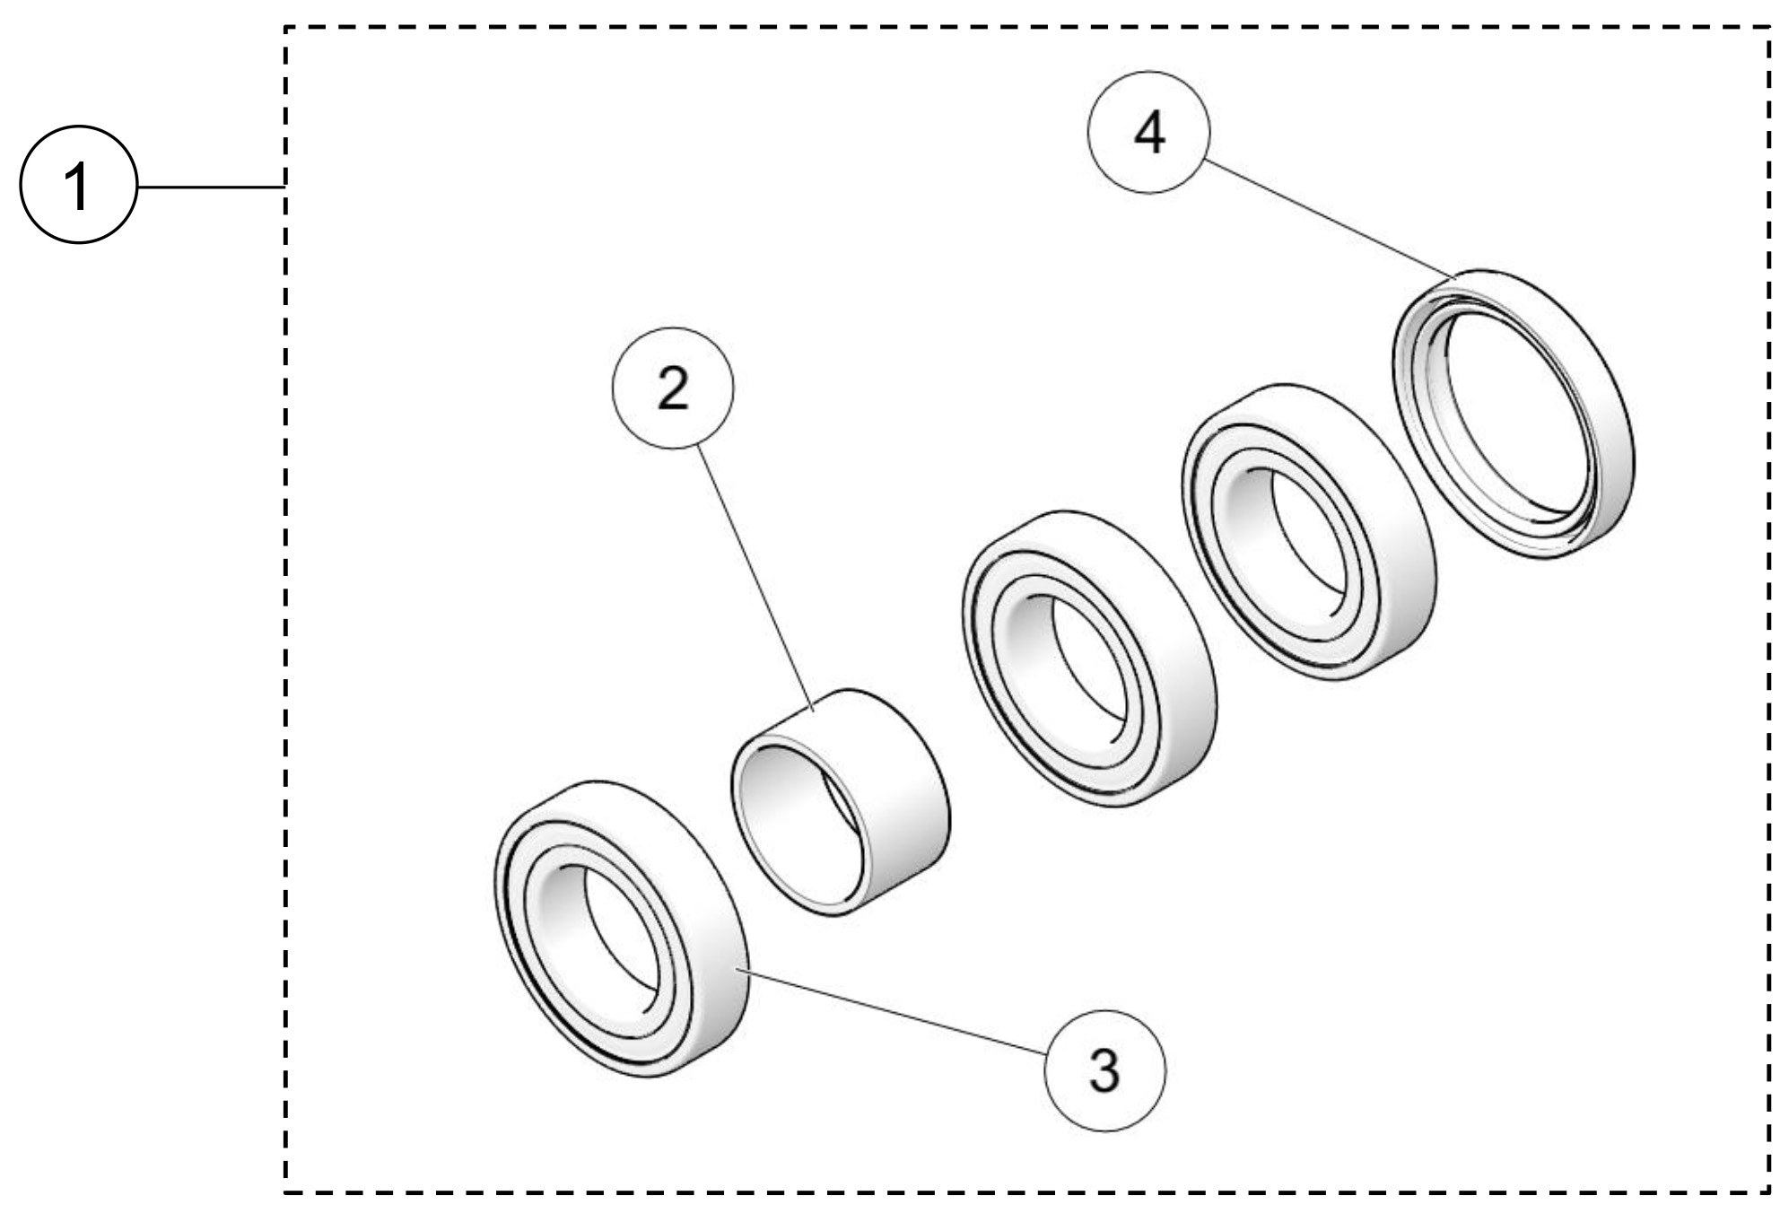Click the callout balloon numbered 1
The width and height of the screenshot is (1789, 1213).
(79, 186)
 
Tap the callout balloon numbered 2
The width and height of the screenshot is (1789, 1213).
(672, 388)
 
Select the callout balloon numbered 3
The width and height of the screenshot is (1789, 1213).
(1105, 1070)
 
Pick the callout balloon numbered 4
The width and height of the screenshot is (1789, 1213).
(1149, 133)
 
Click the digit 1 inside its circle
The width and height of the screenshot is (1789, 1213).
(79, 186)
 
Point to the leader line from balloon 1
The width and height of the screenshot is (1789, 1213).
(211, 187)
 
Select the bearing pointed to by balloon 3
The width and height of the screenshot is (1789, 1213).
(619, 929)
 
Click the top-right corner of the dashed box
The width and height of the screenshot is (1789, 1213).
(1768, 27)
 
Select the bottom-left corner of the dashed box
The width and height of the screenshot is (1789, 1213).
(285, 1192)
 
